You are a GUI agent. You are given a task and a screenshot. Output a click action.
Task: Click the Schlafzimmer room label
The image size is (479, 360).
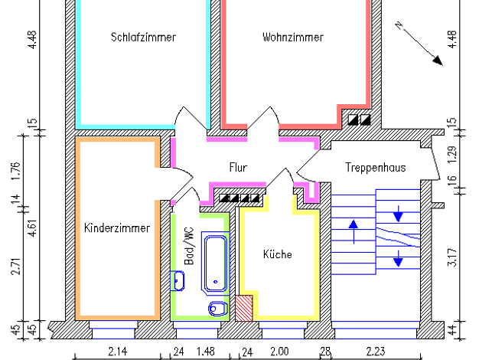143,38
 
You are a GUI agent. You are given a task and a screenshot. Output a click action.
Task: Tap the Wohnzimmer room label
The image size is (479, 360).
293,38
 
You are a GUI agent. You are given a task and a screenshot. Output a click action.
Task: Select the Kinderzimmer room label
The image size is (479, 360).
117,228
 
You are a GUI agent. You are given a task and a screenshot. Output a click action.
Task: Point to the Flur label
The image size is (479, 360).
238,168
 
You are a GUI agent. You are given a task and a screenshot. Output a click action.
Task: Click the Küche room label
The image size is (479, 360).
278,254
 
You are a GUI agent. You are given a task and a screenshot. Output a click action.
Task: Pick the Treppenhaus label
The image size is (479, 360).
376,168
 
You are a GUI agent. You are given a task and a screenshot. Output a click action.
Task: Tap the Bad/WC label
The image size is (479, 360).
189,246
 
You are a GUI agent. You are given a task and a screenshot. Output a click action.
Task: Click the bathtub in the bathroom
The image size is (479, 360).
215,263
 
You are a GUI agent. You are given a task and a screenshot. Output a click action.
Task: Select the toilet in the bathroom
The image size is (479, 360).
218,309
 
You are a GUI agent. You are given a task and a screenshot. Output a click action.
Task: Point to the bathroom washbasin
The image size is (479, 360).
178,281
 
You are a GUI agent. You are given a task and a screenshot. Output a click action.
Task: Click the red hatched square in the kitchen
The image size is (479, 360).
244,308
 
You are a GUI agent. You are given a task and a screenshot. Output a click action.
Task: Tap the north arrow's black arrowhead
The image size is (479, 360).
438,61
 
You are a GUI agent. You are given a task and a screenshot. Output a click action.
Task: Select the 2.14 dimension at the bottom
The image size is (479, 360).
118,352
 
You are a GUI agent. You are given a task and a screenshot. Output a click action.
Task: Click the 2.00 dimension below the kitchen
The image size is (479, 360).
279,352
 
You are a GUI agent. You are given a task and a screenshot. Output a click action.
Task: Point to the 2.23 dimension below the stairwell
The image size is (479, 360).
376,352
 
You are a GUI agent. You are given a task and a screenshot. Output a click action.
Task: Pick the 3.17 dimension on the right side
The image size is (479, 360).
452,257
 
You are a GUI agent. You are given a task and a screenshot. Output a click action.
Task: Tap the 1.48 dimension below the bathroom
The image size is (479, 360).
206,352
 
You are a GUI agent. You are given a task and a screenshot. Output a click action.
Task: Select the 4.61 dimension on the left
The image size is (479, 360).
32,227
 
